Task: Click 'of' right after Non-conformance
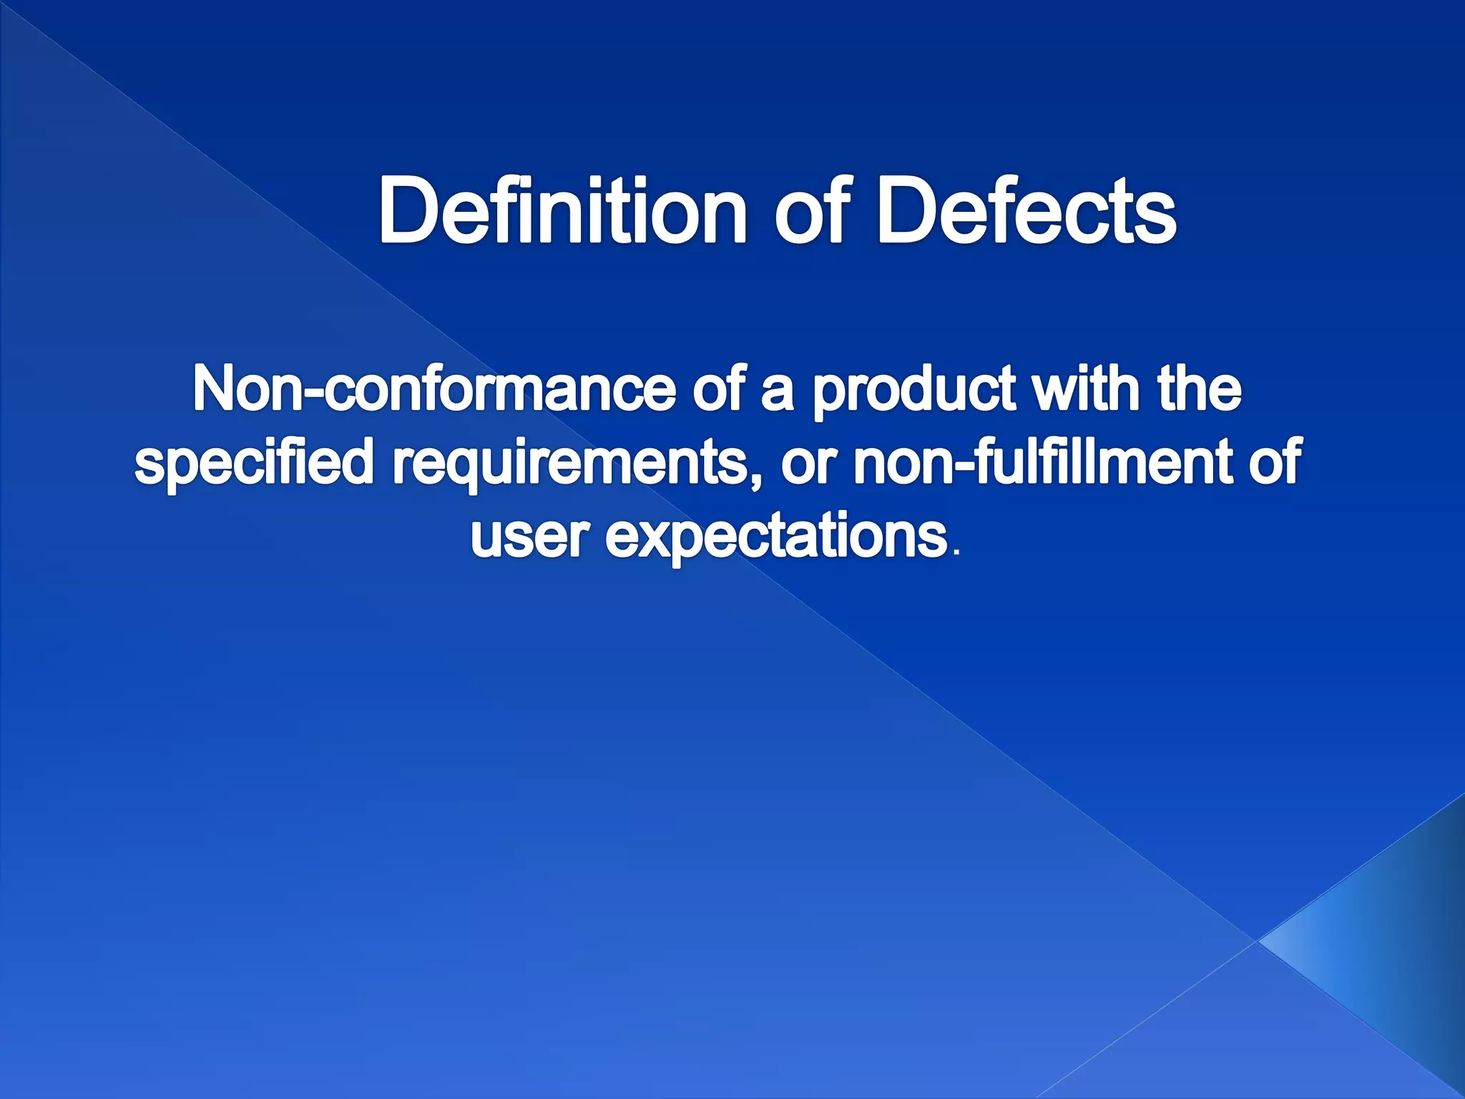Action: pyautogui.click(x=719, y=390)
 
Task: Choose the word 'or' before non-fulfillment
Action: pyautogui.click(x=808, y=465)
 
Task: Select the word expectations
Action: pyautogui.click(x=776, y=538)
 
